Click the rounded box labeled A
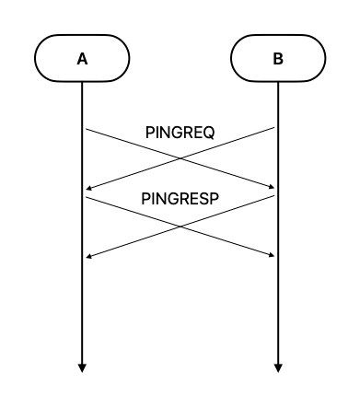coord(82,59)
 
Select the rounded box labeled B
coord(277,59)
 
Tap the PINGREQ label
coord(180,133)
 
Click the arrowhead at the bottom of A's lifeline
coord(82,367)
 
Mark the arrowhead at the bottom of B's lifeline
coord(277,367)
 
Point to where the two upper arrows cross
coord(180,159)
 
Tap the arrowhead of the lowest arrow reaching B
coord(272,255)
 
